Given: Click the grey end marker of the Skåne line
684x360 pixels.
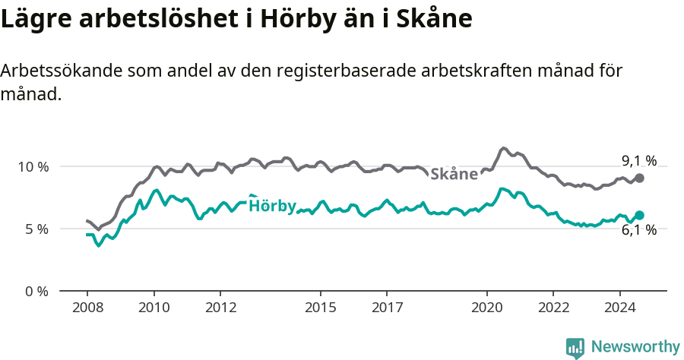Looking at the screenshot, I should click(x=639, y=178).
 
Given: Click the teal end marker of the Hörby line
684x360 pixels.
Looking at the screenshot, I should click(x=639, y=216).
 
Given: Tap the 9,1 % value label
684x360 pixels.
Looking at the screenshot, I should click(x=638, y=160).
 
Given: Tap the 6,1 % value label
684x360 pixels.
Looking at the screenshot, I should click(x=638, y=230).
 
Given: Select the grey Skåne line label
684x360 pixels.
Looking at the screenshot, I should click(x=454, y=174).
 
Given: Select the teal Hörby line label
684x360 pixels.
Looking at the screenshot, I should click(x=272, y=206).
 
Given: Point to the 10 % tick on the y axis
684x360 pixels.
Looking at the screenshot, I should click(x=33, y=166).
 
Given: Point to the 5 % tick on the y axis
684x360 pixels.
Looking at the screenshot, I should click(x=36, y=229).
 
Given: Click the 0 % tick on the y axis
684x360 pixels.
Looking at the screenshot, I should click(x=36, y=291).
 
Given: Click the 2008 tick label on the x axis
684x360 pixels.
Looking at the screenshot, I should click(x=87, y=308).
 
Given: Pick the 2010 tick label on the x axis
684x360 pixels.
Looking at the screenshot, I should click(x=154, y=308).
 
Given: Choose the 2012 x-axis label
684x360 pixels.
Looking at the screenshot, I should click(x=220, y=308).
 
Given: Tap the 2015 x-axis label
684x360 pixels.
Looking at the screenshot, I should click(x=320, y=308).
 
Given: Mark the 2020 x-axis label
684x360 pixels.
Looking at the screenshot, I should click(x=486, y=308).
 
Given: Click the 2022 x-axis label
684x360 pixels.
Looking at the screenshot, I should click(x=553, y=308).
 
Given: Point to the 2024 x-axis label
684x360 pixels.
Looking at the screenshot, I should click(x=619, y=308).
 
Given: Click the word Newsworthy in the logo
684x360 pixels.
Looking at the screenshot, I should click(x=635, y=346).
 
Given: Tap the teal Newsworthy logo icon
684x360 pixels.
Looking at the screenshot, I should click(x=575, y=348).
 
